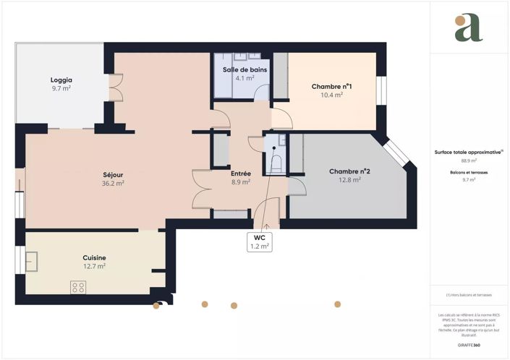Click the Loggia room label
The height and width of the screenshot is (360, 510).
coord(61,80)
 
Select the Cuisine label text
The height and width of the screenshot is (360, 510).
coord(94,257)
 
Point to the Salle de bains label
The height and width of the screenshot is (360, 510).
coord(245,69)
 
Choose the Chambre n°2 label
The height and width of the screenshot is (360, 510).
coord(349,171)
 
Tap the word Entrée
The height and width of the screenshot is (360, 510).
coord(241,173)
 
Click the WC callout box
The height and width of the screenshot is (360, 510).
coord(259,241)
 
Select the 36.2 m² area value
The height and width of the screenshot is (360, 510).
coord(112,184)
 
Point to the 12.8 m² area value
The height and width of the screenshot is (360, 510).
coord(349,180)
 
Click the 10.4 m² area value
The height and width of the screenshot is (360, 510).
coord(332,95)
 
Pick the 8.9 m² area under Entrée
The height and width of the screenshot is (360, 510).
coord(241,182)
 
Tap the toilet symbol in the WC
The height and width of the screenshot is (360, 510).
coord(275,160)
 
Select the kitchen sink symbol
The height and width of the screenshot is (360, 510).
coord(33,260)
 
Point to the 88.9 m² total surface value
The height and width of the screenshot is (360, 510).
coord(469,160)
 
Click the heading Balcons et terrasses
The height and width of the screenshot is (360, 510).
coord(469,173)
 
